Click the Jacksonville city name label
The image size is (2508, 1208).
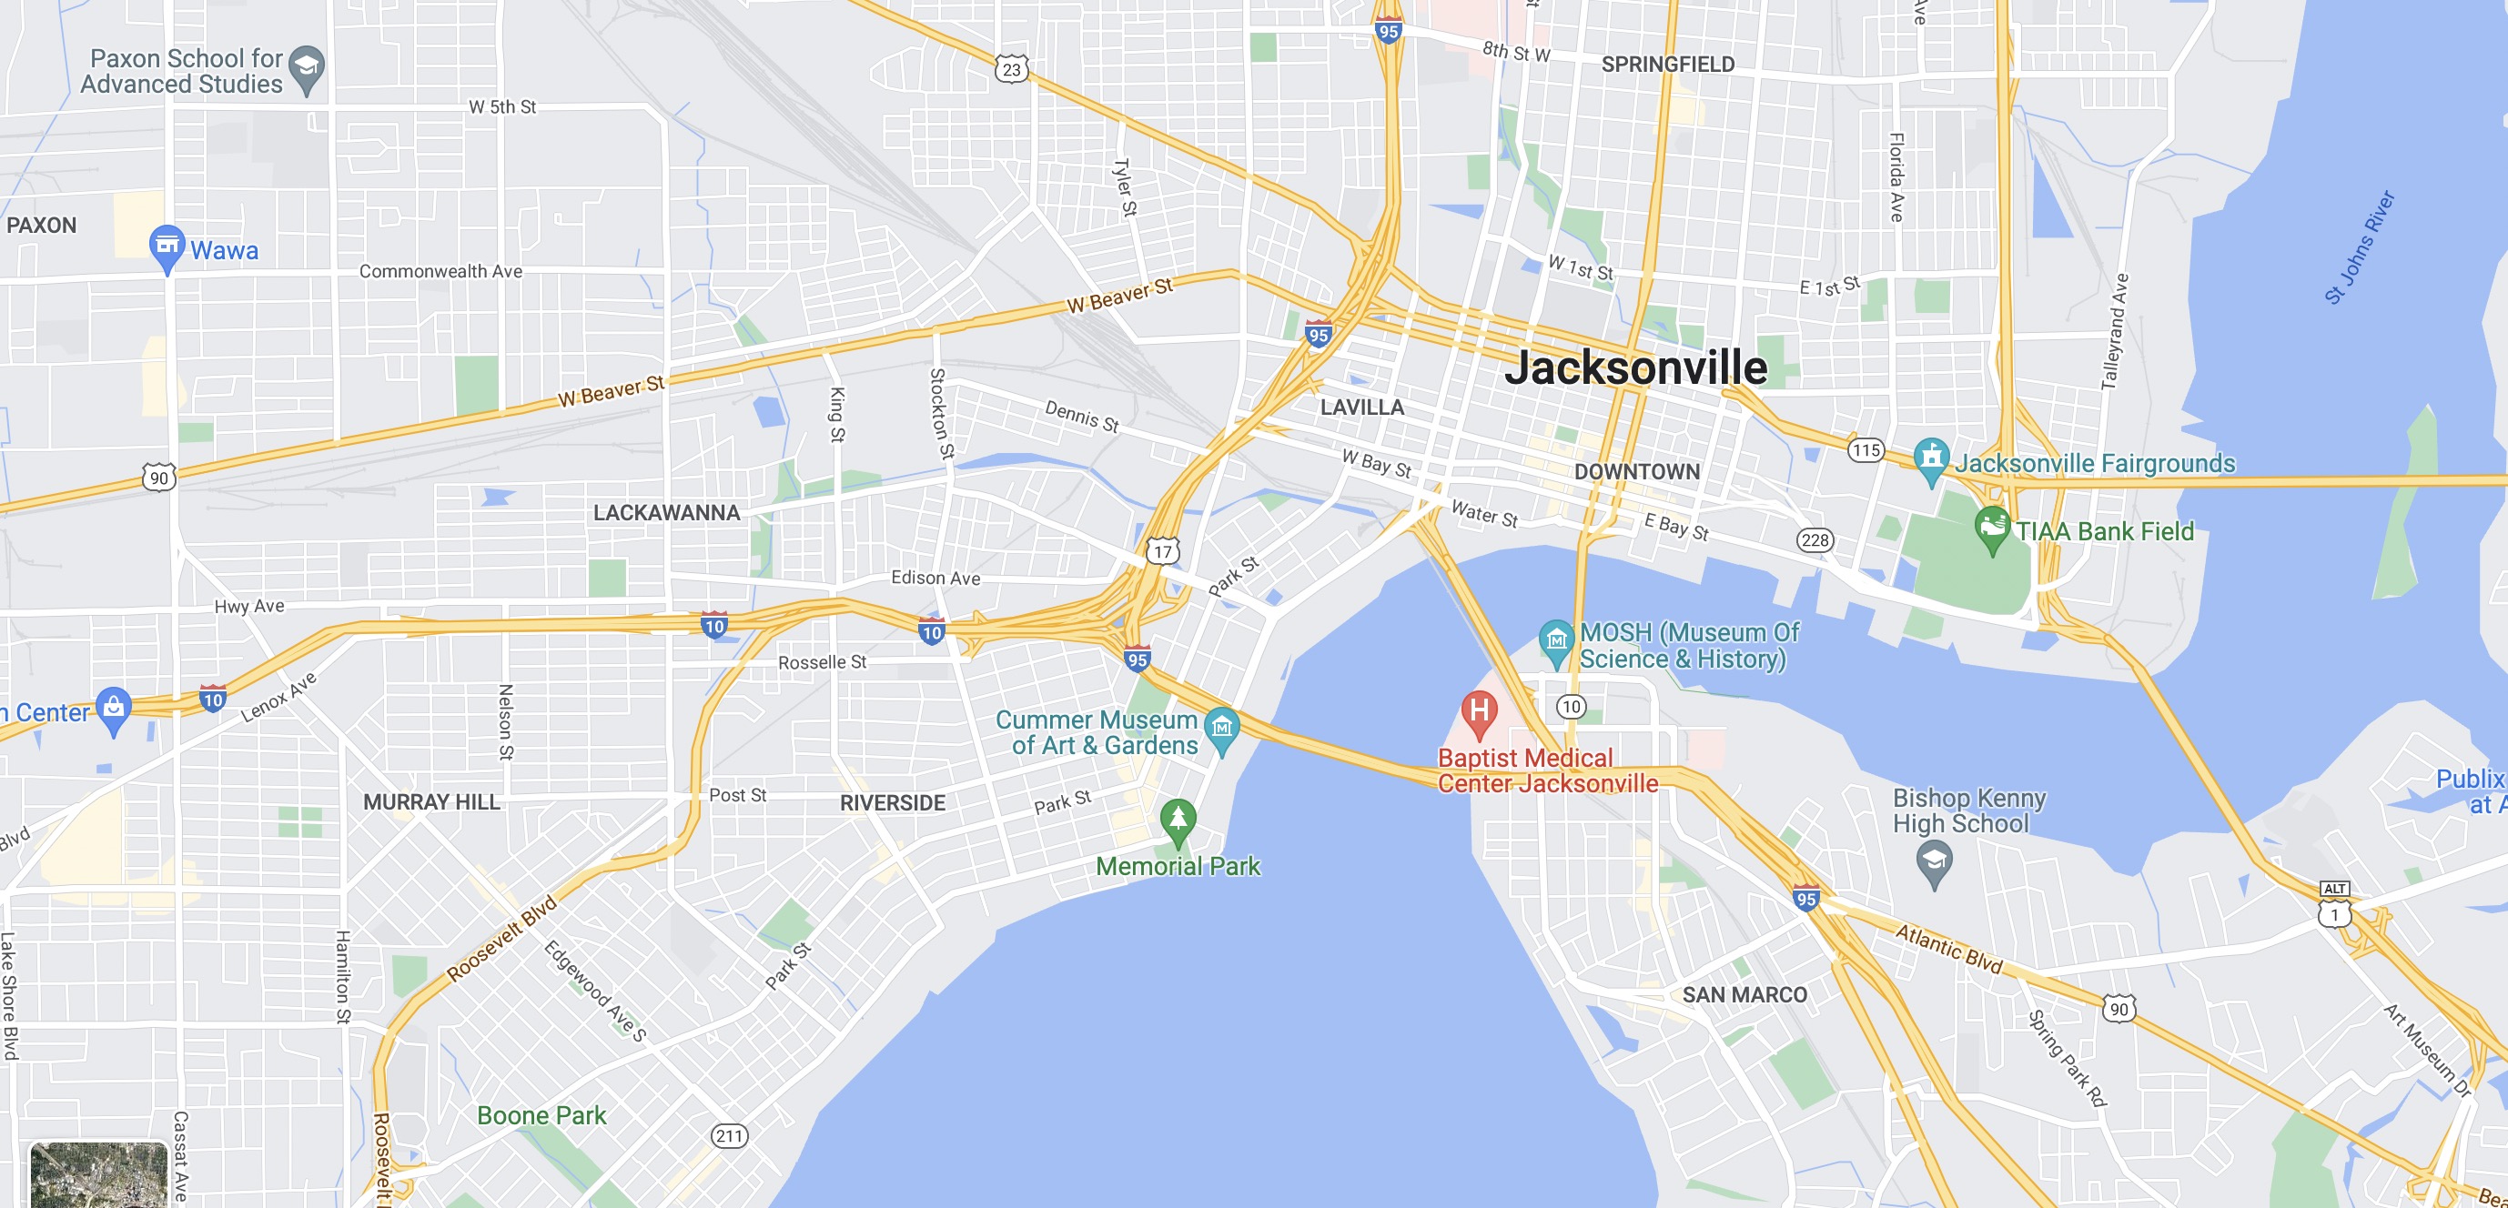click(x=1635, y=367)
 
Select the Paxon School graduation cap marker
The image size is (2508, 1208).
click(x=307, y=68)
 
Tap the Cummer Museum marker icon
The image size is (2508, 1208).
click(x=1222, y=728)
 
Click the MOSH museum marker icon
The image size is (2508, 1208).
click(x=1556, y=641)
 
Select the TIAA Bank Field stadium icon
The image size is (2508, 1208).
click(x=1992, y=527)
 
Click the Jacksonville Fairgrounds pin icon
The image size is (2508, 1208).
click(x=1931, y=458)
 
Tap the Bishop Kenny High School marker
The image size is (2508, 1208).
click(x=1934, y=861)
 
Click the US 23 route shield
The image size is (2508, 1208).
click(x=1012, y=69)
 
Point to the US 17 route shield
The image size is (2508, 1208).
click(x=1162, y=552)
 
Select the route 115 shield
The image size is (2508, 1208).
click(x=1866, y=449)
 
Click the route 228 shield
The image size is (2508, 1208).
click(x=1815, y=540)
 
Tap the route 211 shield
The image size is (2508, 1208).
click(x=729, y=1136)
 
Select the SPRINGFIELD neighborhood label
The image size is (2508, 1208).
click(x=1668, y=65)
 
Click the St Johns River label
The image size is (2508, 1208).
click(x=2359, y=247)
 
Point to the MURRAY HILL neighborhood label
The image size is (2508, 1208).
click(x=431, y=802)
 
